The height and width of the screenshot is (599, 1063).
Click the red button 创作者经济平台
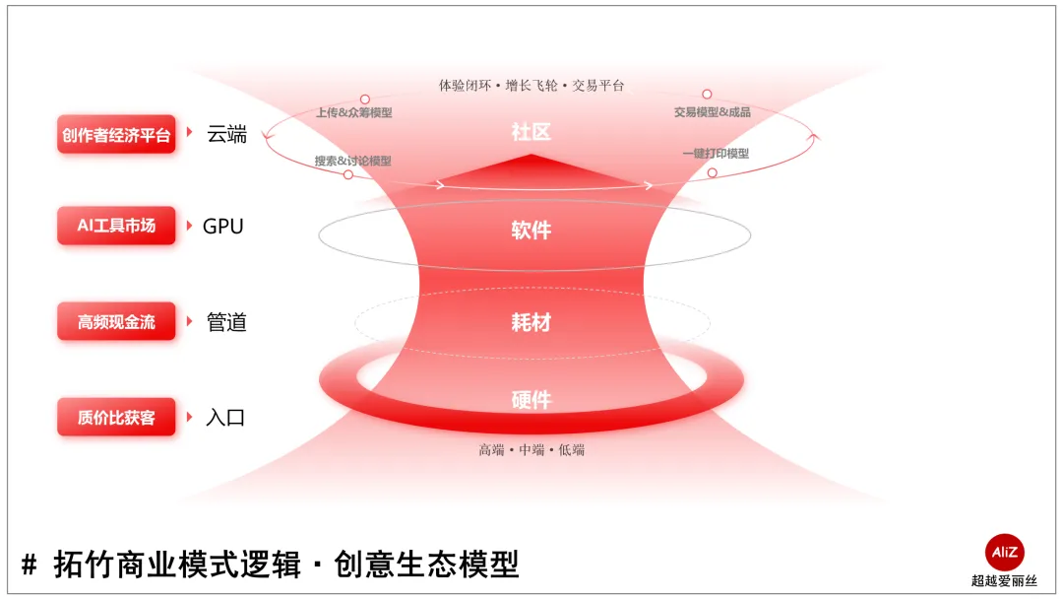[x=116, y=135]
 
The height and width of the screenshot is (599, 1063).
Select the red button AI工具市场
[x=116, y=226]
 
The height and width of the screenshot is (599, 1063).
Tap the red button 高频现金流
[x=116, y=322]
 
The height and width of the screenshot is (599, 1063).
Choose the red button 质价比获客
[x=116, y=417]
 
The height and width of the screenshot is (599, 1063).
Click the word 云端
[x=226, y=135]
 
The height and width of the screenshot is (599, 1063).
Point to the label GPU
[x=222, y=227]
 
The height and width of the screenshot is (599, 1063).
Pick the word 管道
[x=226, y=322]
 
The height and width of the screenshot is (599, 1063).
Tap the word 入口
[x=225, y=417]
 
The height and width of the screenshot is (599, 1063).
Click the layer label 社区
[x=531, y=133]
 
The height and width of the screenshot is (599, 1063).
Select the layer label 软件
[x=531, y=231]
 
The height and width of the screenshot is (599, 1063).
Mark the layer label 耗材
[x=531, y=322]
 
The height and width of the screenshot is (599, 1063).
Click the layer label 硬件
[x=531, y=400]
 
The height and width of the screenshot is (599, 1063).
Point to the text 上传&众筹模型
[x=353, y=113]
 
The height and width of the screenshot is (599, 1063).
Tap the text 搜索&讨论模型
[x=352, y=161]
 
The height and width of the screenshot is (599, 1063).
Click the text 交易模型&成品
[x=712, y=112]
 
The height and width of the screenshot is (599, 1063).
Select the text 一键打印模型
[x=716, y=154]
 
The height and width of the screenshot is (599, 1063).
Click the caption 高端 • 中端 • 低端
[x=531, y=450]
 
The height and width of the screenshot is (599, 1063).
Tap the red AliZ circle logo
[x=1004, y=552]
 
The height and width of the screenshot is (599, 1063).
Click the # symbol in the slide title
[x=30, y=566]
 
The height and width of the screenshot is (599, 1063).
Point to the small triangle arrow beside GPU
[x=190, y=226]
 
